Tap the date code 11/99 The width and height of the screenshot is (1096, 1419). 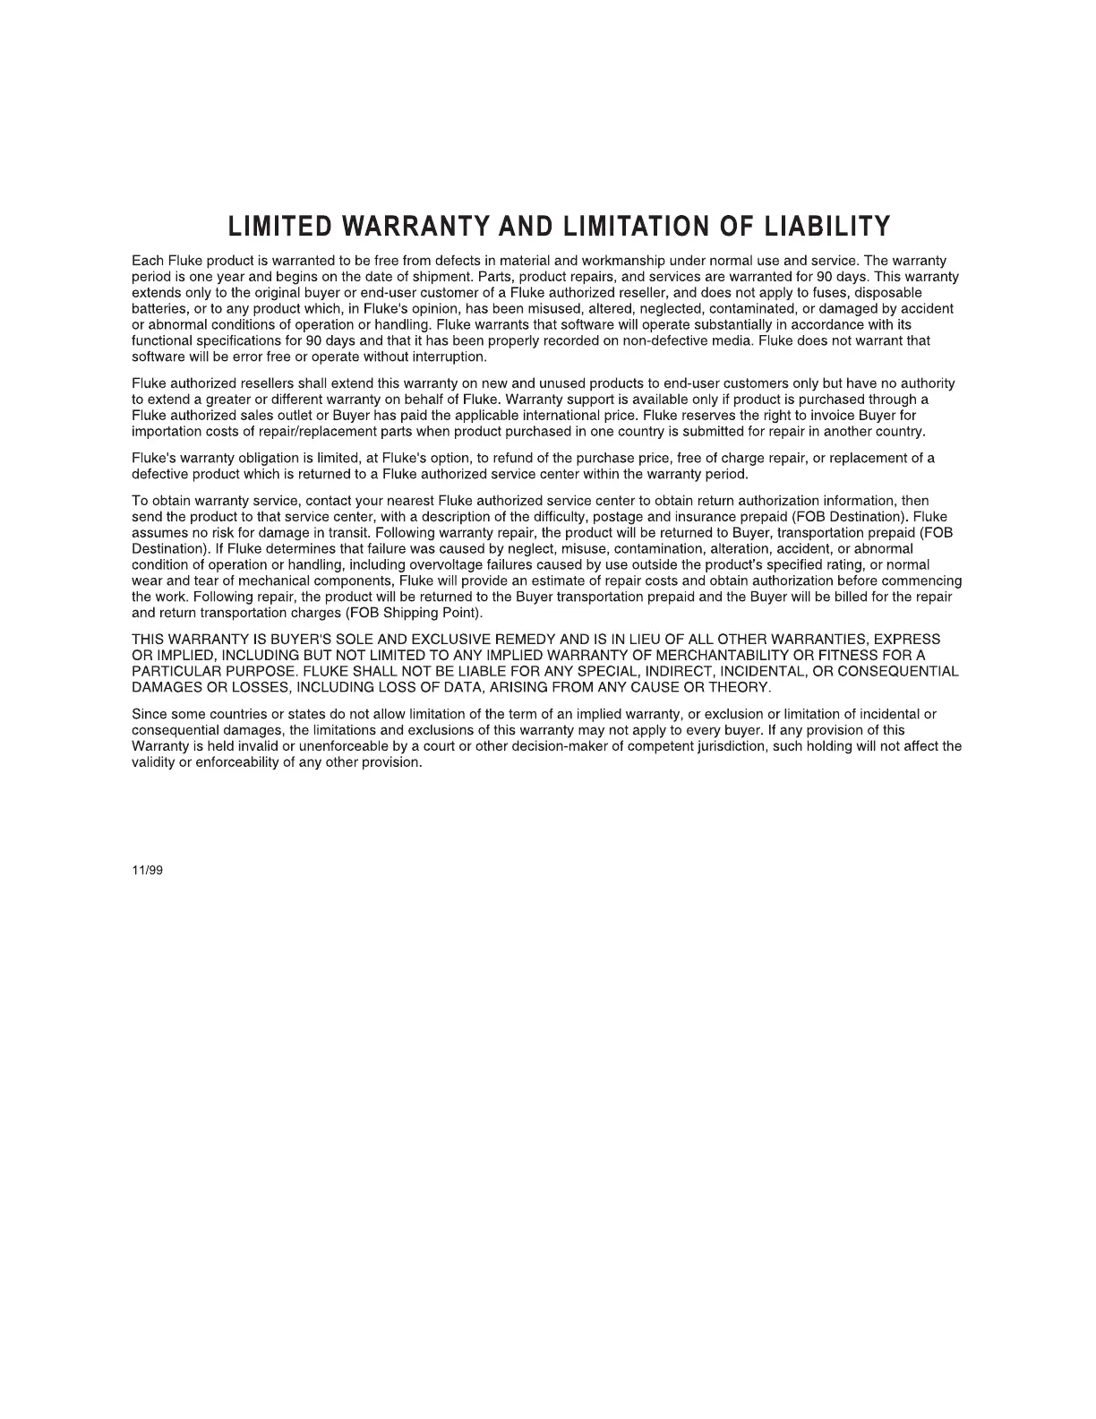point(148,871)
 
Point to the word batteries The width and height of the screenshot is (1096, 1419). point(159,309)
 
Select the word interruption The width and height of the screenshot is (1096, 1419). point(446,357)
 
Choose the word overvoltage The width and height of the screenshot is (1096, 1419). point(446,565)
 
